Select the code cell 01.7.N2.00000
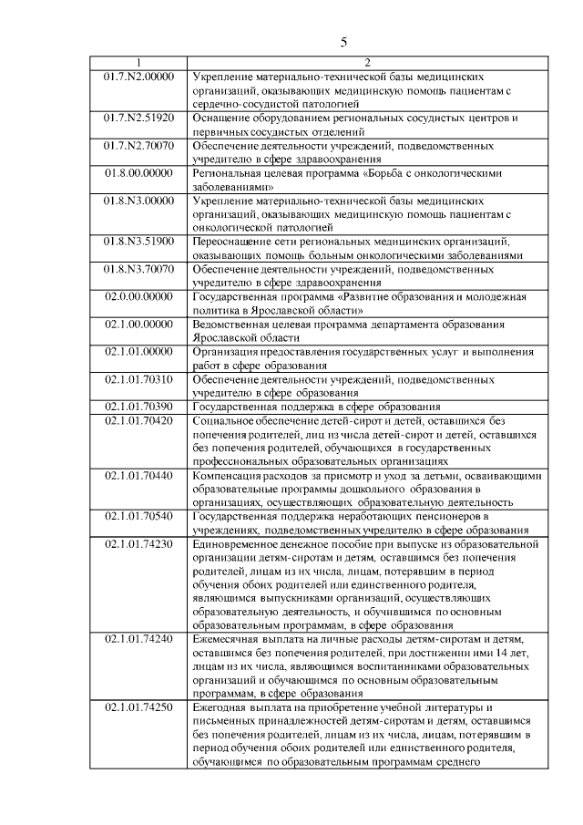click(138, 77)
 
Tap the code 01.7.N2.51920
click(138, 118)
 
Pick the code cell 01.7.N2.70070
click(138, 145)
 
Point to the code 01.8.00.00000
click(138, 171)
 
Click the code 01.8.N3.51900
click(138, 242)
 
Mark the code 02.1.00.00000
click(138, 324)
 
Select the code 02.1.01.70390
click(138, 406)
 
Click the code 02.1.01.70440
click(138, 475)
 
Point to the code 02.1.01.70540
click(138, 516)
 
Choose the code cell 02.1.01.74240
click(138, 640)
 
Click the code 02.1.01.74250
click(138, 708)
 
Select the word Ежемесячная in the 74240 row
click(232, 640)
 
